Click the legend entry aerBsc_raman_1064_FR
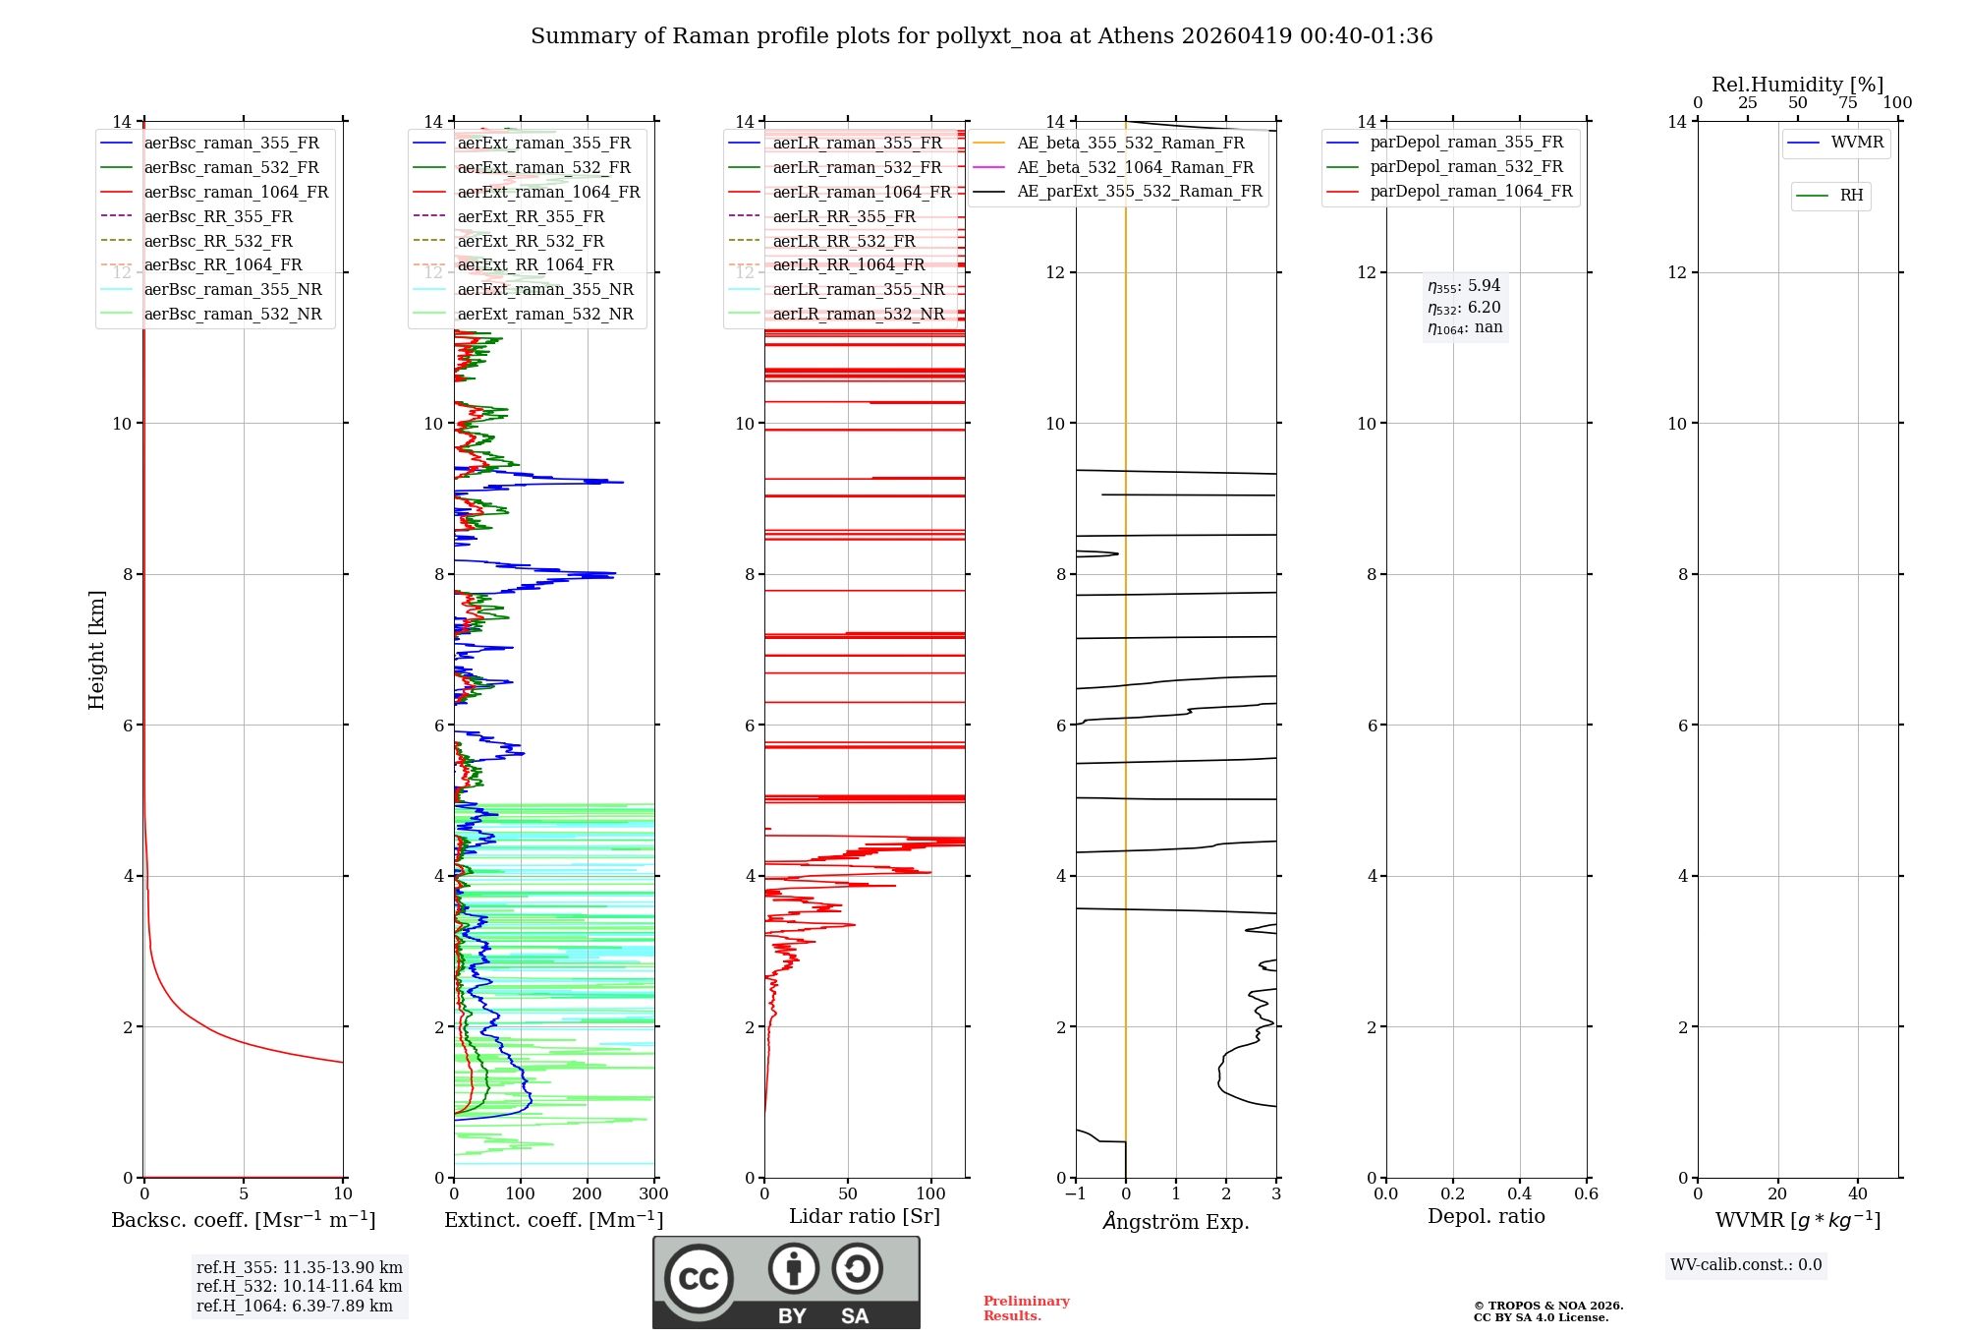(236, 192)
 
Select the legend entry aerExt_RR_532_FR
(531, 241)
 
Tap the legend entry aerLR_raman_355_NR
(858, 289)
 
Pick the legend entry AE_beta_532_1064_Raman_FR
(1135, 167)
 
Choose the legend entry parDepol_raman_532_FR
(1466, 167)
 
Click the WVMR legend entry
(1857, 143)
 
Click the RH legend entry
(1851, 196)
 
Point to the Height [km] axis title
(96, 650)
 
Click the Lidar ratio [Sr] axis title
(864, 1216)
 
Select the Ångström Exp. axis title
(1176, 1221)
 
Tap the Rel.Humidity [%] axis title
(1797, 85)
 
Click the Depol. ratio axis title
(1486, 1216)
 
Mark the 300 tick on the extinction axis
(653, 1194)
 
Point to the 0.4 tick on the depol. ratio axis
(1519, 1194)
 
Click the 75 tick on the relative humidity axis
(1847, 103)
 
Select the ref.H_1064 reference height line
(295, 1306)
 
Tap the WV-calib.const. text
(1746, 1265)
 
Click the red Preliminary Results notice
(1026, 1308)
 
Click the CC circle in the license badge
(699, 1279)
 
